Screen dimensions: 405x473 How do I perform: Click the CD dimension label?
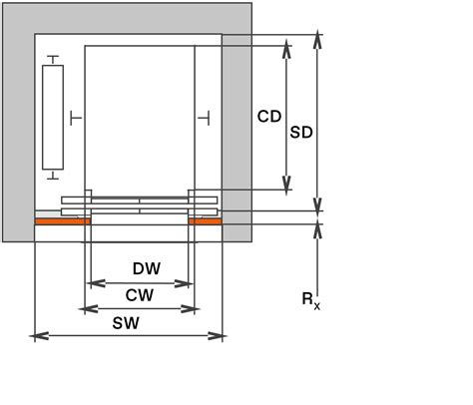[269, 117]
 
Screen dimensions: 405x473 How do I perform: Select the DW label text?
[147, 268]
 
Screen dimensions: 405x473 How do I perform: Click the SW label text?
[126, 322]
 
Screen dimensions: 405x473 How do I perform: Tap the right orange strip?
[205, 221]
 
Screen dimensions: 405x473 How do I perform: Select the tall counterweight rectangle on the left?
[52, 117]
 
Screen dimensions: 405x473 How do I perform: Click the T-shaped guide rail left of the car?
[77, 117]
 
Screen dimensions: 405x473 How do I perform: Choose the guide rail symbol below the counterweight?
[52, 176]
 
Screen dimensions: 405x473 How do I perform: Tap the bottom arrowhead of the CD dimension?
[287, 187]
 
